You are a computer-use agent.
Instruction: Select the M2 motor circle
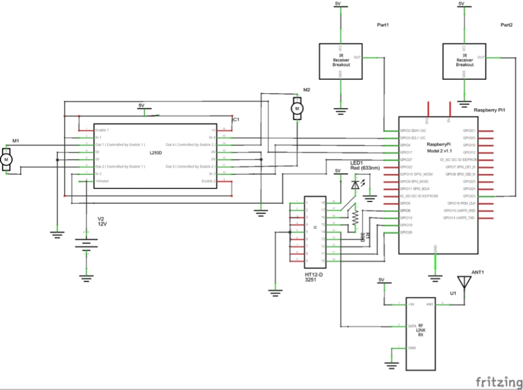coord(296,109)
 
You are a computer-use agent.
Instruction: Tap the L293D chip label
coord(156,153)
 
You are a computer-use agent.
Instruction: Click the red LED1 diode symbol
coord(355,185)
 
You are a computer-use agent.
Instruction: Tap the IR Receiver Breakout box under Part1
coord(341,61)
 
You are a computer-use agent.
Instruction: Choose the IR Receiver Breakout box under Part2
coord(464,61)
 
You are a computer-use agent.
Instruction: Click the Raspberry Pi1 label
coord(489,110)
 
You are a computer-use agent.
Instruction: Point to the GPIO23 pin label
coord(469,196)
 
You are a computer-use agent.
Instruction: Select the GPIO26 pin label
coord(406,232)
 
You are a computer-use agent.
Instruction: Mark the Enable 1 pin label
coord(102,131)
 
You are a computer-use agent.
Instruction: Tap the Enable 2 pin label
coord(209,181)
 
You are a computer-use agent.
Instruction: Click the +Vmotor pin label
coord(102,181)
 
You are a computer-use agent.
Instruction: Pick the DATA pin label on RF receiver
coord(411,326)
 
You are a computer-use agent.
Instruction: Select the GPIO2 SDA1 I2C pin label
coord(414,131)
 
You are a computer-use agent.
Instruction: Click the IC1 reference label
coord(235,119)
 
